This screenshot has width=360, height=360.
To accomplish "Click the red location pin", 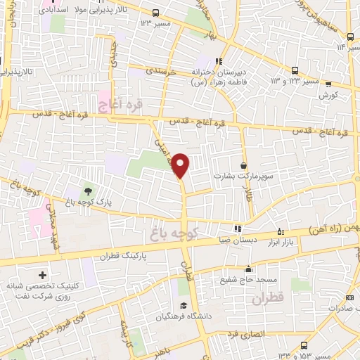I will point(181,165).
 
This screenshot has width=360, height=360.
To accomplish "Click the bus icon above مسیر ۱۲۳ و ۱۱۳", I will point(295,70).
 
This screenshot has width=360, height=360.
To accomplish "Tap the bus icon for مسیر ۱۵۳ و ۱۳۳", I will point(304,345).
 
